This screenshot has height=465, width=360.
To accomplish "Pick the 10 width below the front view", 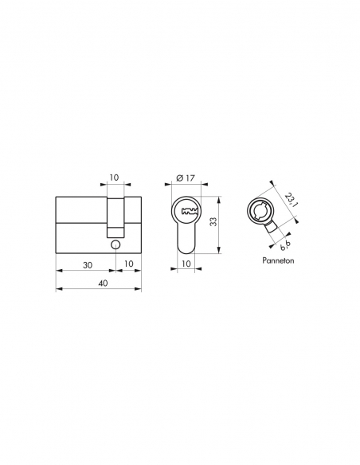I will tap(186, 263).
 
